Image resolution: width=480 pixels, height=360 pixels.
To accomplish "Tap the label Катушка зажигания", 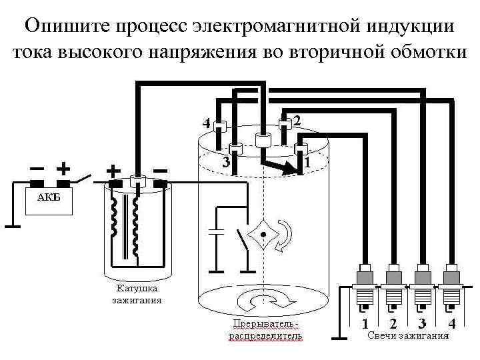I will (x=137, y=294).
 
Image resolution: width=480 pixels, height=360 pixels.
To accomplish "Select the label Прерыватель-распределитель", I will (x=265, y=329).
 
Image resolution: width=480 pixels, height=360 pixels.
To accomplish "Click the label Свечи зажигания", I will (x=408, y=335).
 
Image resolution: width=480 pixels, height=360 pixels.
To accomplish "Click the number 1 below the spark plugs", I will (x=365, y=323).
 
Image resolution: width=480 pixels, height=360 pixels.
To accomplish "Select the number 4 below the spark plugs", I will (x=451, y=323).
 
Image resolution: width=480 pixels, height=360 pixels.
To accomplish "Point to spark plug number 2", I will (x=393, y=287).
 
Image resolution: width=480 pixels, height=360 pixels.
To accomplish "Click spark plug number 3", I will (x=421, y=287).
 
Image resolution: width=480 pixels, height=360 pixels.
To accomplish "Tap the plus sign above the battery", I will (x=64, y=166).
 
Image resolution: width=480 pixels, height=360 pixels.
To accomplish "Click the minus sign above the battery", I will (x=37, y=167).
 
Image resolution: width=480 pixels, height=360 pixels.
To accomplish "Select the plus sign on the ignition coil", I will (x=113, y=171).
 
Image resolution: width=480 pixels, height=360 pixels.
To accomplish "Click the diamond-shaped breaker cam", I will (x=263, y=235).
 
